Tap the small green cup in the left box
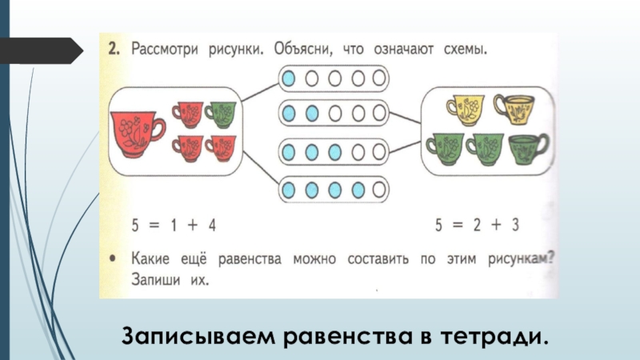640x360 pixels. tap(222, 114)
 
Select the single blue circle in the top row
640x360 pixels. tap(289, 78)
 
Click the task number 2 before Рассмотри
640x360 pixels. tap(114, 50)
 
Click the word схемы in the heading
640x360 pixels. tap(462, 50)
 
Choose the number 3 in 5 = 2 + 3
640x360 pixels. tap(516, 226)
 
